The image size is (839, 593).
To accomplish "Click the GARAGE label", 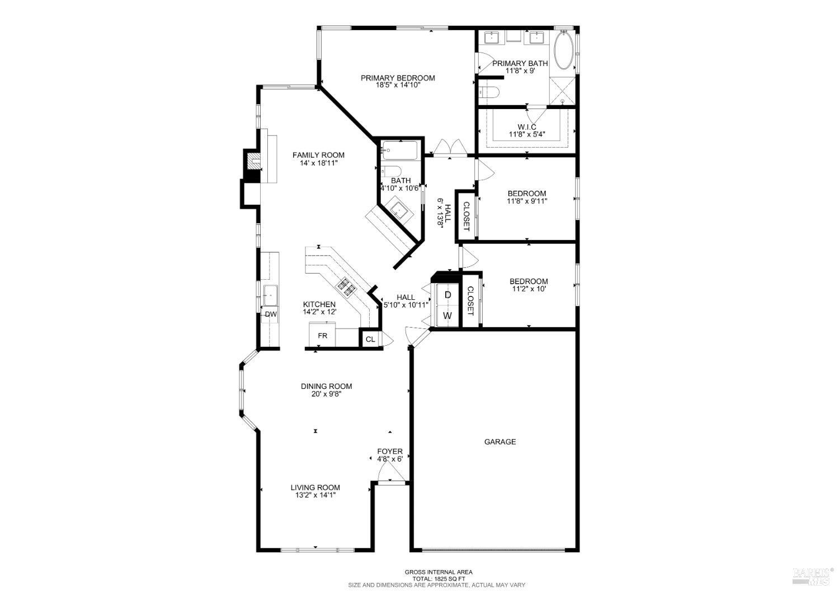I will [x=499, y=441].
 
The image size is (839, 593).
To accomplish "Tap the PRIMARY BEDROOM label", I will [x=397, y=78].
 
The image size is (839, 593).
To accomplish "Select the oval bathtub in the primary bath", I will [x=563, y=51].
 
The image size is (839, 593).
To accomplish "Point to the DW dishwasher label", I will [x=271, y=314].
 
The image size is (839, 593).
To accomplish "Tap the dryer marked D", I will [x=447, y=294].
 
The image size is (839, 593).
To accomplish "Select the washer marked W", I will [x=447, y=316].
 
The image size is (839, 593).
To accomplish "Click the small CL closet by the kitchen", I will [x=370, y=339].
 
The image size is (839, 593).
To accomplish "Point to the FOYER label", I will [x=390, y=451].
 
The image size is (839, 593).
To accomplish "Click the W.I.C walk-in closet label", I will [x=526, y=127].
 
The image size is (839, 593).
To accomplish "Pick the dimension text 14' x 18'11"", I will [x=319, y=163].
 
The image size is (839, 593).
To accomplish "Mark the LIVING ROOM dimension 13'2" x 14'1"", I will [x=315, y=495].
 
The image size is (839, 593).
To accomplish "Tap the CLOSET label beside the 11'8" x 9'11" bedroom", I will [x=466, y=216].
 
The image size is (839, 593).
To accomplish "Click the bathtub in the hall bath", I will [x=399, y=149].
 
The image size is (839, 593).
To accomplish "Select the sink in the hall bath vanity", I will [x=399, y=210].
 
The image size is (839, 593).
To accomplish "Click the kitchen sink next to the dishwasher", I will [x=270, y=293].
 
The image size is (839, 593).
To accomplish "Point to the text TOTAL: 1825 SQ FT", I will [x=439, y=578].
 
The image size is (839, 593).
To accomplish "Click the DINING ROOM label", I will [x=326, y=386].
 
